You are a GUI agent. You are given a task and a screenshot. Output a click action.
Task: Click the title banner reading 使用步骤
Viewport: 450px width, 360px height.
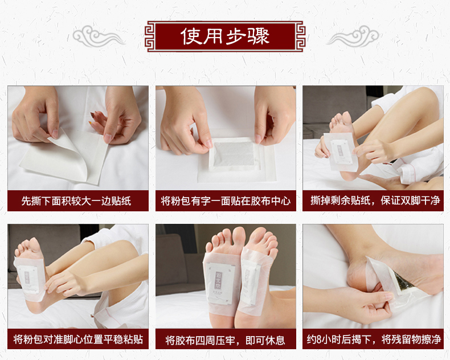[225, 36]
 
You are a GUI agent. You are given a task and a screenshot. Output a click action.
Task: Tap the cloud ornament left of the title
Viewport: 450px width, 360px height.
[99, 36]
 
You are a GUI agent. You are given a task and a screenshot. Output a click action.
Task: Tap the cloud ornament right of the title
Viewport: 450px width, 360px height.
[353, 36]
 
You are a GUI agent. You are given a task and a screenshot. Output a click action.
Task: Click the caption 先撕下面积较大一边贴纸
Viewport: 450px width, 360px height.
[76, 201]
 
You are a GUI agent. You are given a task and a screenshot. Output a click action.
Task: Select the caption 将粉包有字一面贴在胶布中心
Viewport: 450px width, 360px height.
[226, 201]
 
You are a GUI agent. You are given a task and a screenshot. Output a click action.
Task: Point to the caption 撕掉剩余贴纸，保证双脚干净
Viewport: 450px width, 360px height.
[375, 201]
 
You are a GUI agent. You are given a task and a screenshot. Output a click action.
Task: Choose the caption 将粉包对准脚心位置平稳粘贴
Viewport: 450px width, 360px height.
[78, 339]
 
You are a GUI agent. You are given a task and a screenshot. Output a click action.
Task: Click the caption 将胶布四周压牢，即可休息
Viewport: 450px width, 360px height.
[226, 341]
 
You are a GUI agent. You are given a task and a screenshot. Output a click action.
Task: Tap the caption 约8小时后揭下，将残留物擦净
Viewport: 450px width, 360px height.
[374, 339]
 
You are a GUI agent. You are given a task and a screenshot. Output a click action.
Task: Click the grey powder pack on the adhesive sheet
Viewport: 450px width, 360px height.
[234, 154]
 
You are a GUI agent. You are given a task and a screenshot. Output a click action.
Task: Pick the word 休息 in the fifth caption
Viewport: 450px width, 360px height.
[275, 341]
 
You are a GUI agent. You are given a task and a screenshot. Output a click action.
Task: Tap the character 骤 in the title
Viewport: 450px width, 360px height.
[259, 36]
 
